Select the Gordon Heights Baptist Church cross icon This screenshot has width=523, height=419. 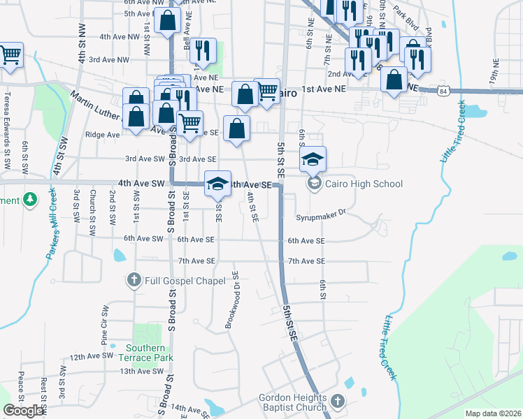coord(338,402)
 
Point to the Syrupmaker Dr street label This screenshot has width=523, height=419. coord(321,216)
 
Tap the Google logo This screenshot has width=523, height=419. coord(22,411)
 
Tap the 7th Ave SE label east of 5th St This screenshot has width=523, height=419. coord(306,261)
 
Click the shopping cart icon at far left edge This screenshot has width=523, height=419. coord(10,55)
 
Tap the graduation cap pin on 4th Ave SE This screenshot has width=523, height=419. coord(217,184)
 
